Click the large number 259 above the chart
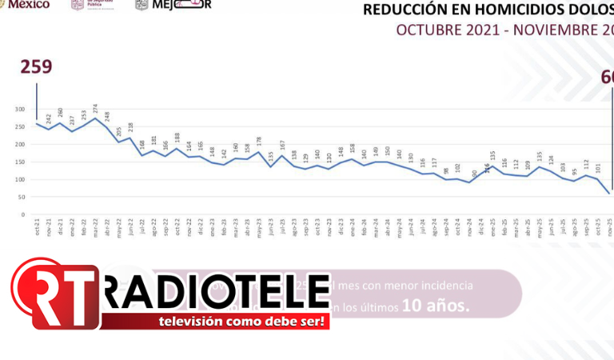37,66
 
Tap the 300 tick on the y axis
20,110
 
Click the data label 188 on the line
177,138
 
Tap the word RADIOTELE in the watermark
217,293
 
